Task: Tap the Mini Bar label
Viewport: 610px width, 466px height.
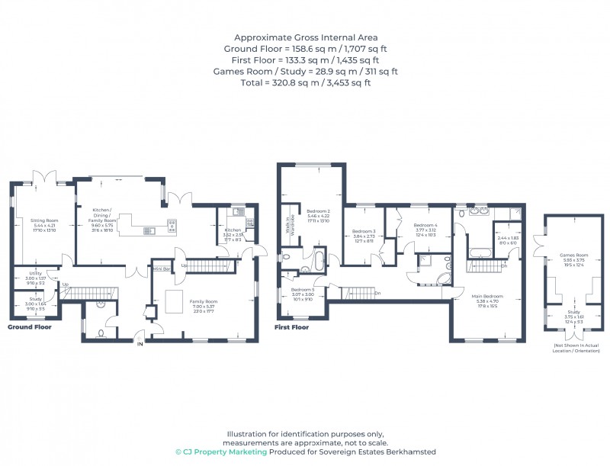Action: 161,268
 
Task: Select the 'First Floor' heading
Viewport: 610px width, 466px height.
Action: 292,327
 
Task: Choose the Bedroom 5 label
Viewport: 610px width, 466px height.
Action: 302,290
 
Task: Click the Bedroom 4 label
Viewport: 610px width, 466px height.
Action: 425,226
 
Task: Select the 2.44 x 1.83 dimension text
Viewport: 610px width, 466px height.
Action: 507,238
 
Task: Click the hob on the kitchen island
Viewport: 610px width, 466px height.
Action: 172,226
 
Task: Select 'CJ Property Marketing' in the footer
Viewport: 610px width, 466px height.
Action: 221,452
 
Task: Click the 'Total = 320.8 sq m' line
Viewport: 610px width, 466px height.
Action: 305,82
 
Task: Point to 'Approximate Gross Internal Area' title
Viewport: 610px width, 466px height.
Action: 305,37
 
